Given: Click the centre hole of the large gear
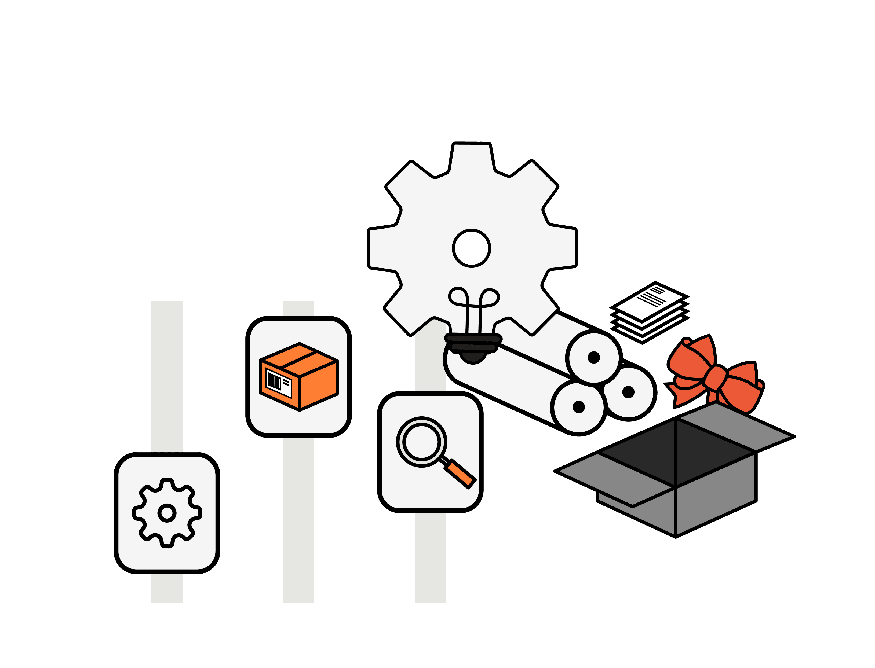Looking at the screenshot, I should [x=471, y=248].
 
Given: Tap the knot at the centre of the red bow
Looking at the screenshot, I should [x=716, y=377].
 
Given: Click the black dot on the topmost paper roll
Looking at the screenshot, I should [x=593, y=357].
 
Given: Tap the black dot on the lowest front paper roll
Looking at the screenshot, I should [x=578, y=407].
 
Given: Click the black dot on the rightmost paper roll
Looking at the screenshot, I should [x=628, y=392].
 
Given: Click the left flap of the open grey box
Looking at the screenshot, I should [x=608, y=477].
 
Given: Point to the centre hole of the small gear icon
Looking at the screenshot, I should [x=167, y=512].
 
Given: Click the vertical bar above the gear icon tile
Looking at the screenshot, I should [x=167, y=374].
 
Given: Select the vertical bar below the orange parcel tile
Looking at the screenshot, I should [x=298, y=517].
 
